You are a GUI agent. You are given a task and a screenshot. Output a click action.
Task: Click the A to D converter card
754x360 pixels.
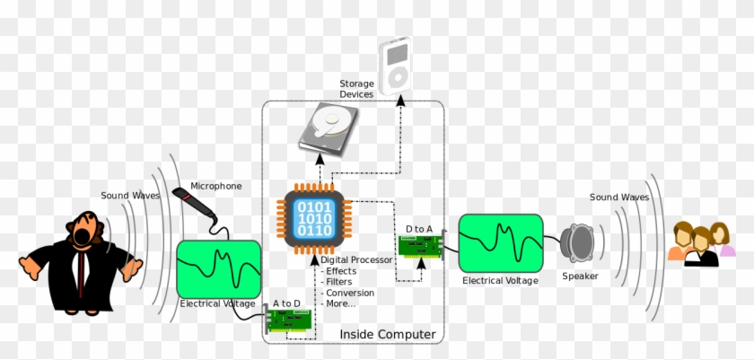(x=289, y=322)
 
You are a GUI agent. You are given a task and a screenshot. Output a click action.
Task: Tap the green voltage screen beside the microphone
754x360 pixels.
(x=219, y=268)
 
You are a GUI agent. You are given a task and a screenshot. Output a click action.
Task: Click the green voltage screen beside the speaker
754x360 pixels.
(x=500, y=242)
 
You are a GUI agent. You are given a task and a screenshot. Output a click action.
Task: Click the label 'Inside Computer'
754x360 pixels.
(x=388, y=335)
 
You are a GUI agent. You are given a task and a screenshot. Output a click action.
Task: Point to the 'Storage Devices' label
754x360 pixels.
(x=356, y=89)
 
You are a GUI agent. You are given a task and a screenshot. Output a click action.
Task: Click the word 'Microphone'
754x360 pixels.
(x=215, y=186)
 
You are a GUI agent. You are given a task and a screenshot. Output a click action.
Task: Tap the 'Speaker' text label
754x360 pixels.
(x=580, y=276)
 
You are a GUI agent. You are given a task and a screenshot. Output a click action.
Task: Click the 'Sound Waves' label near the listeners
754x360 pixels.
(x=618, y=197)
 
